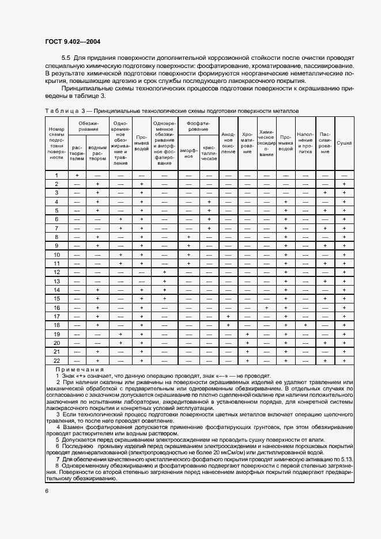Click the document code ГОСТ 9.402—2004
pyautogui.click(x=68, y=42)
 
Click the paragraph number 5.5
pyautogui.click(x=66, y=59)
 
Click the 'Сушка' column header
pyautogui.click(x=344, y=142)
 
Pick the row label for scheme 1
pyautogui.click(x=56, y=175)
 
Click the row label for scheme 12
pyautogui.click(x=56, y=272)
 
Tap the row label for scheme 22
pyautogui.click(x=56, y=360)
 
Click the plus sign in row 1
pyautogui.click(x=77, y=175)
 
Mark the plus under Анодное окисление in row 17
pyautogui.click(x=228, y=316)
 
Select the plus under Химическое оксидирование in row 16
pyautogui.click(x=266, y=308)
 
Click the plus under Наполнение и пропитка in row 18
pyautogui.click(x=305, y=325)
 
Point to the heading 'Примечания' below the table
pyautogui.click(x=80, y=369)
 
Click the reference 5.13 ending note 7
pyautogui.click(x=346, y=459)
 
